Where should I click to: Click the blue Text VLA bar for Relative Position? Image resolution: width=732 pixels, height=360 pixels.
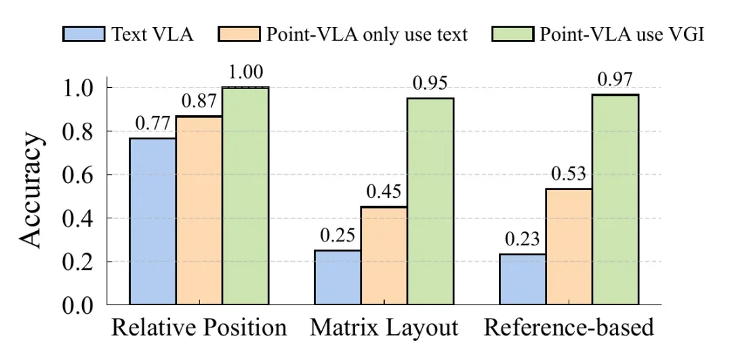(152, 222)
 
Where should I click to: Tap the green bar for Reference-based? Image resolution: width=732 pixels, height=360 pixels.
(615, 199)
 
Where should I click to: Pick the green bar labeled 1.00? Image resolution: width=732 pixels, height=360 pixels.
(245, 196)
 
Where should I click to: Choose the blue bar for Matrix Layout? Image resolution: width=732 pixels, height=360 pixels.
(337, 278)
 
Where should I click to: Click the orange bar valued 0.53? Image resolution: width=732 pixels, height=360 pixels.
(569, 247)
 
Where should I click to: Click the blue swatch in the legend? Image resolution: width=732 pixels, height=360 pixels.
(83, 34)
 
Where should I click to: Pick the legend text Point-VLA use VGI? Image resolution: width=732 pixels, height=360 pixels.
(622, 34)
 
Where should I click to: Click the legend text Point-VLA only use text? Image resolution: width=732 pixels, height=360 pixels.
(366, 34)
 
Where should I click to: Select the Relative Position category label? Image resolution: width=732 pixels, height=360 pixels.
(199, 329)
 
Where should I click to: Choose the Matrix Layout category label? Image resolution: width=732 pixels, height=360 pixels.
(384, 329)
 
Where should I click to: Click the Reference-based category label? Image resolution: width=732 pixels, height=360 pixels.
(569, 329)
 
